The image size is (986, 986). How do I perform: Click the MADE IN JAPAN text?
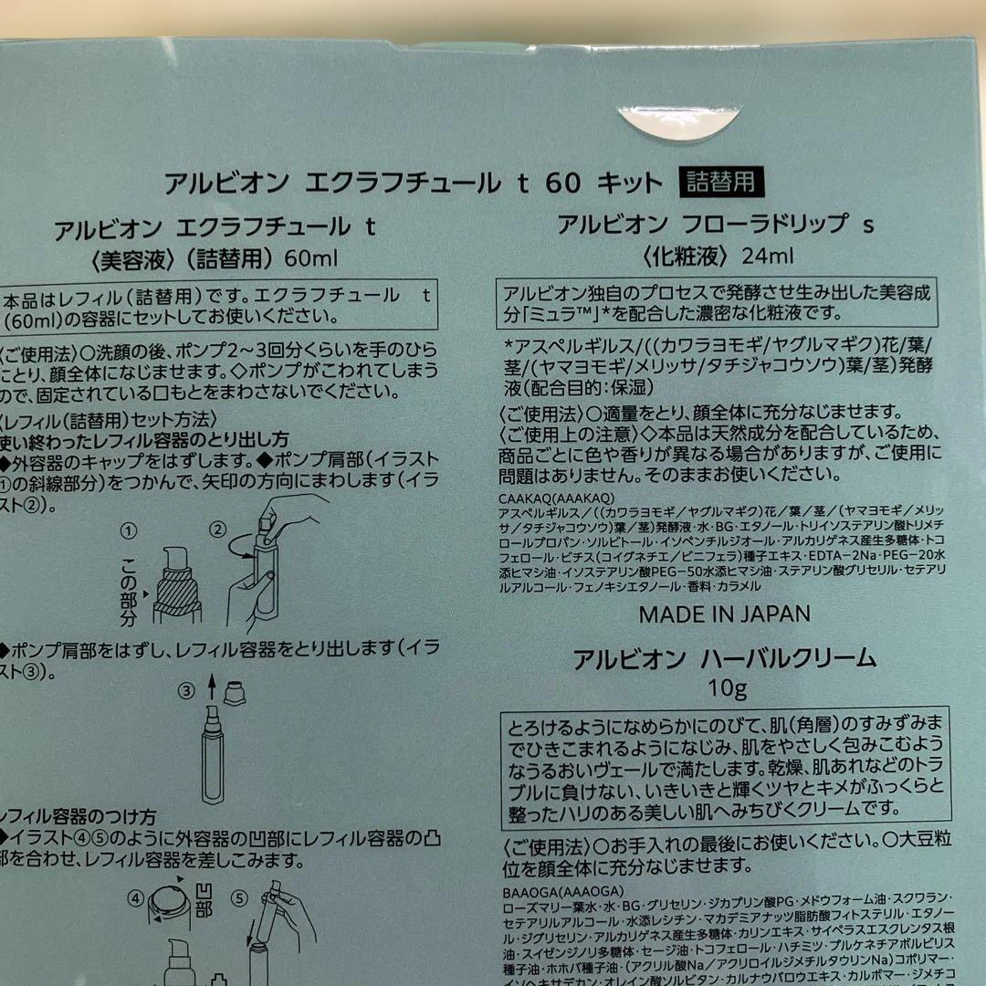click(724, 614)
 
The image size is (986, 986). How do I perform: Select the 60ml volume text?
click(310, 258)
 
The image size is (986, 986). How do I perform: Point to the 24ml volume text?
click(767, 257)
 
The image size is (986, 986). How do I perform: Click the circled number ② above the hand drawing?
click(217, 530)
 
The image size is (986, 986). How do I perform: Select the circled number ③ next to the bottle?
click(186, 691)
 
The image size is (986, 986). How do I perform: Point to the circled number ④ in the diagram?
click(136, 897)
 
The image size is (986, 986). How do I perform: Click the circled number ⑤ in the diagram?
click(239, 897)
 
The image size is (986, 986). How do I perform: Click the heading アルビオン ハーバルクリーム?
click(724, 658)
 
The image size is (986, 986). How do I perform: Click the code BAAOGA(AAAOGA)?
click(549, 891)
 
